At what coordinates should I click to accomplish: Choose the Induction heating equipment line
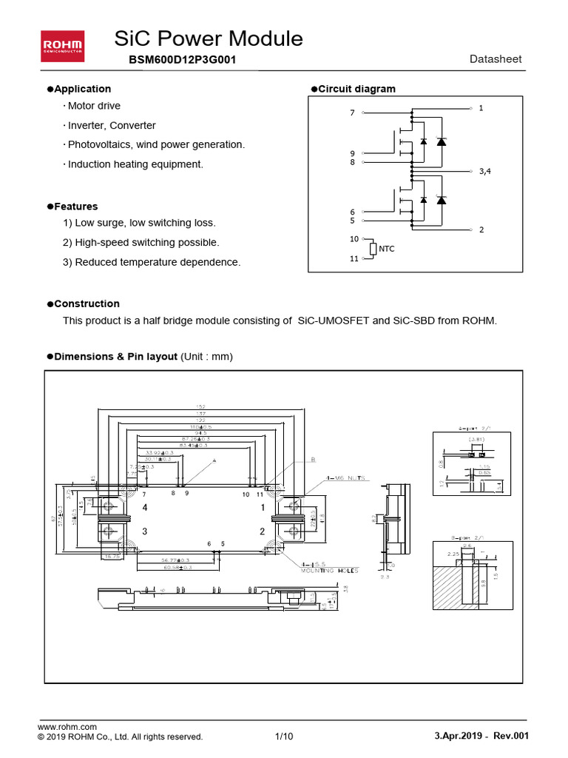point(135,164)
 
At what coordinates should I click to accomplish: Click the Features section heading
point(76,207)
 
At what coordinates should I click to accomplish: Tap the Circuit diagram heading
point(356,89)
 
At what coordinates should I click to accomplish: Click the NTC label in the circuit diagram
point(387,249)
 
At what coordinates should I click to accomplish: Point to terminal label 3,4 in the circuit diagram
point(484,171)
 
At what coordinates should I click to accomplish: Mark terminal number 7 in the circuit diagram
point(352,113)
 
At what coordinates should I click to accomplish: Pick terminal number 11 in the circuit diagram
point(354,259)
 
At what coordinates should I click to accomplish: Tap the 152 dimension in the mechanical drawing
point(201,406)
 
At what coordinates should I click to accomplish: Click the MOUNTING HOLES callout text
point(328,571)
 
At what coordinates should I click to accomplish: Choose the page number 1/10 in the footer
point(284,737)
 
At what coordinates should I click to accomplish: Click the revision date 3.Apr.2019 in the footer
point(459,737)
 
